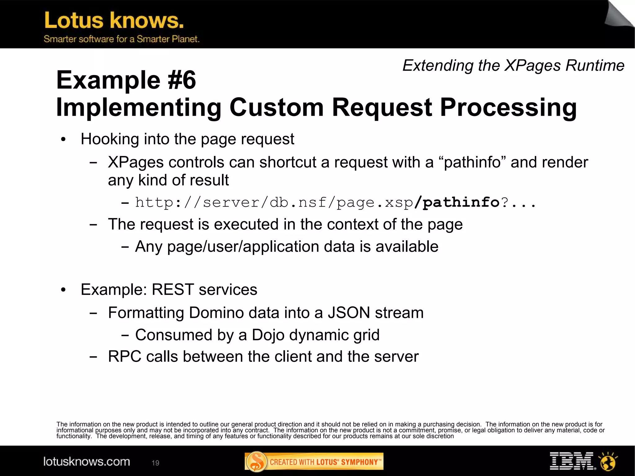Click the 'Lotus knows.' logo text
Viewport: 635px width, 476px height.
(114, 20)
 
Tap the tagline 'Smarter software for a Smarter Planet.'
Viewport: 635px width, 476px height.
(121, 39)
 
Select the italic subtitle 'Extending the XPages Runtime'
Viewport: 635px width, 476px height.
(513, 66)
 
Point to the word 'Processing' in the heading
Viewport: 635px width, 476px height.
(508, 107)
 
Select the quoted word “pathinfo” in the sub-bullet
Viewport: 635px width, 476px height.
(472, 162)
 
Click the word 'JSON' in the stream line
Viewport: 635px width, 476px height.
(349, 313)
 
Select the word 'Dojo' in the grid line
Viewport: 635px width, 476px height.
(264, 335)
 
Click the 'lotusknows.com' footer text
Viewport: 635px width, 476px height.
(87, 462)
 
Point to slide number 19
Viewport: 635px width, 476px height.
(155, 463)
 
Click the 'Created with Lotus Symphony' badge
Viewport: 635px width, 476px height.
(314, 462)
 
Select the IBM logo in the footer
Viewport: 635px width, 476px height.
(572, 461)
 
